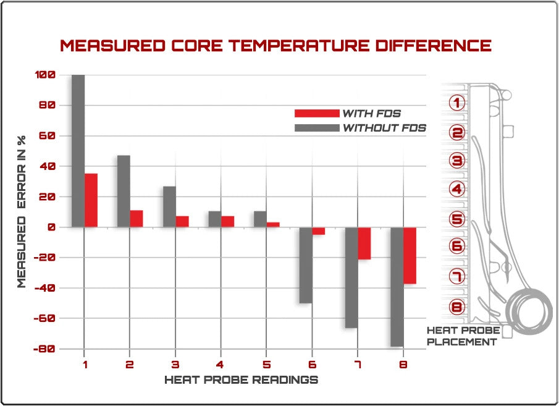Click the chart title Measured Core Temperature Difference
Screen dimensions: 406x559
coord(275,46)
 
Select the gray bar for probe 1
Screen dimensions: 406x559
coord(78,151)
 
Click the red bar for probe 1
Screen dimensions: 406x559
coord(91,200)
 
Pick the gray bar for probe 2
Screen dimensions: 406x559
coord(124,191)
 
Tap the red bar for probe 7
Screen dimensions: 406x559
coord(364,243)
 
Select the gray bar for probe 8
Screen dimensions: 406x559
coord(397,287)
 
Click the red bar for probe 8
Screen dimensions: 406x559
coord(410,255)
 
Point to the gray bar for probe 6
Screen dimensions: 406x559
coord(306,265)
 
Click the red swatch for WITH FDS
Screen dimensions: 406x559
coord(316,113)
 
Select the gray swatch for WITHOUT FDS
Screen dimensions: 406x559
coord(316,128)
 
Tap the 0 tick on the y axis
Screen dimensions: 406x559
coord(51,227)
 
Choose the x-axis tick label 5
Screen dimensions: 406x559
coord(266,365)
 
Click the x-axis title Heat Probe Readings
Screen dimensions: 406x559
coord(241,380)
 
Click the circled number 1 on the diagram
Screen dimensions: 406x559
coord(457,103)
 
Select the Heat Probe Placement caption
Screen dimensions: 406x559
coord(461,336)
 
